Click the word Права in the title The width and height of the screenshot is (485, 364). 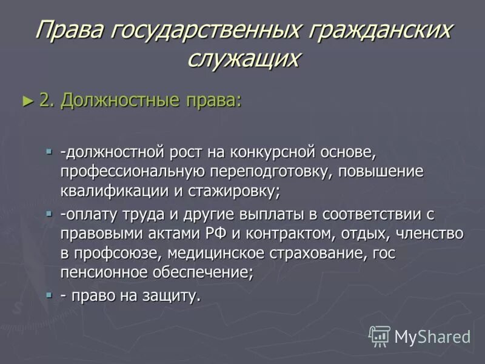(69, 30)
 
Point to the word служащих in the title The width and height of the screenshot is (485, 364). (243, 58)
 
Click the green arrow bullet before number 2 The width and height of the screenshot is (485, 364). (25, 101)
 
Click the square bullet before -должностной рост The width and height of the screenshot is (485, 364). (50, 150)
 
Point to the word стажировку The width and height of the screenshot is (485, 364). (236, 191)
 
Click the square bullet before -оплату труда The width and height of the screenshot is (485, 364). (50, 213)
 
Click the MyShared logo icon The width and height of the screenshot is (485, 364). (380, 336)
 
